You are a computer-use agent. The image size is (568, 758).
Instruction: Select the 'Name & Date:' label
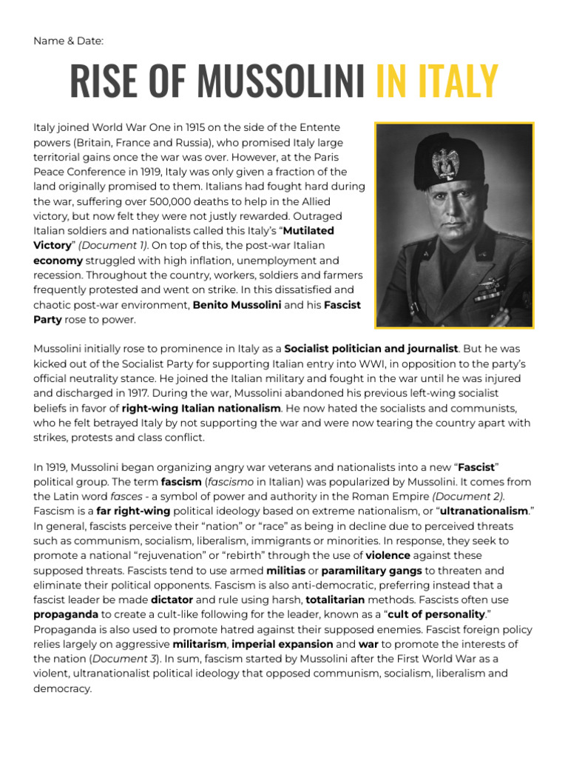pyautogui.click(x=68, y=40)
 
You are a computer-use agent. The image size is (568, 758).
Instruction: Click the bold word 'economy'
pyautogui.click(x=58, y=261)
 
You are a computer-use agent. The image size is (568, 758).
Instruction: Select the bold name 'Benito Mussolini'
pyautogui.click(x=237, y=305)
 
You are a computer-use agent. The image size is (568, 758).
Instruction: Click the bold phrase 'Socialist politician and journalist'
pyautogui.click(x=371, y=348)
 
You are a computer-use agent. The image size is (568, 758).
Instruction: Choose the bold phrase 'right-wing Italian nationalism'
pyautogui.click(x=201, y=408)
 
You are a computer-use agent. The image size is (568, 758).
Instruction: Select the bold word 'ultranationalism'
pyautogui.click(x=484, y=512)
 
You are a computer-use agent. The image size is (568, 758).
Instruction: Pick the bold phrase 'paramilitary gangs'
pyautogui.click(x=372, y=571)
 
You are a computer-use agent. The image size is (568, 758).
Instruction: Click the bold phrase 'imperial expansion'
pyautogui.click(x=291, y=645)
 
